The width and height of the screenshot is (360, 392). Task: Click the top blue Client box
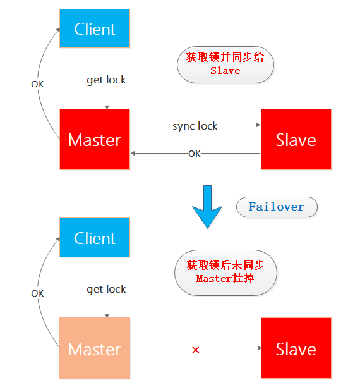click(x=95, y=29)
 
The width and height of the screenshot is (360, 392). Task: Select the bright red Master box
click(x=95, y=140)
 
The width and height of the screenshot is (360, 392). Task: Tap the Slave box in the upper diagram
click(x=296, y=140)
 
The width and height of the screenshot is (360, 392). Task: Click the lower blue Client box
click(x=95, y=238)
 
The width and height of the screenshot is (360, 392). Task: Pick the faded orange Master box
click(x=95, y=349)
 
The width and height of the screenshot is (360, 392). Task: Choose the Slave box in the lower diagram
click(x=296, y=349)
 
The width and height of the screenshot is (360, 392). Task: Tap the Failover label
click(x=276, y=207)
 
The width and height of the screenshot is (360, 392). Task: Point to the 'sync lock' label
click(x=195, y=126)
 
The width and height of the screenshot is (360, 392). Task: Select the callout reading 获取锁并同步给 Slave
click(x=225, y=64)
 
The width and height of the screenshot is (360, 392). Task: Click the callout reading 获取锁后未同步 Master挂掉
click(x=225, y=271)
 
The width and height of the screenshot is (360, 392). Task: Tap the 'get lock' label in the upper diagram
click(x=106, y=80)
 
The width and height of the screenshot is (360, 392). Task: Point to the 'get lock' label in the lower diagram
click(x=106, y=289)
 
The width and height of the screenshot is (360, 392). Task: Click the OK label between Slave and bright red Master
click(x=195, y=154)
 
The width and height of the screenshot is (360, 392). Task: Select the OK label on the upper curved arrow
click(x=38, y=84)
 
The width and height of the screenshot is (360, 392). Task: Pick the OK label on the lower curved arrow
click(x=38, y=293)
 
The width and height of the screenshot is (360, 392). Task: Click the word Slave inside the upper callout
click(x=225, y=71)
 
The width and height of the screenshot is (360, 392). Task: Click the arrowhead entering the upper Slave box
click(x=257, y=126)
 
